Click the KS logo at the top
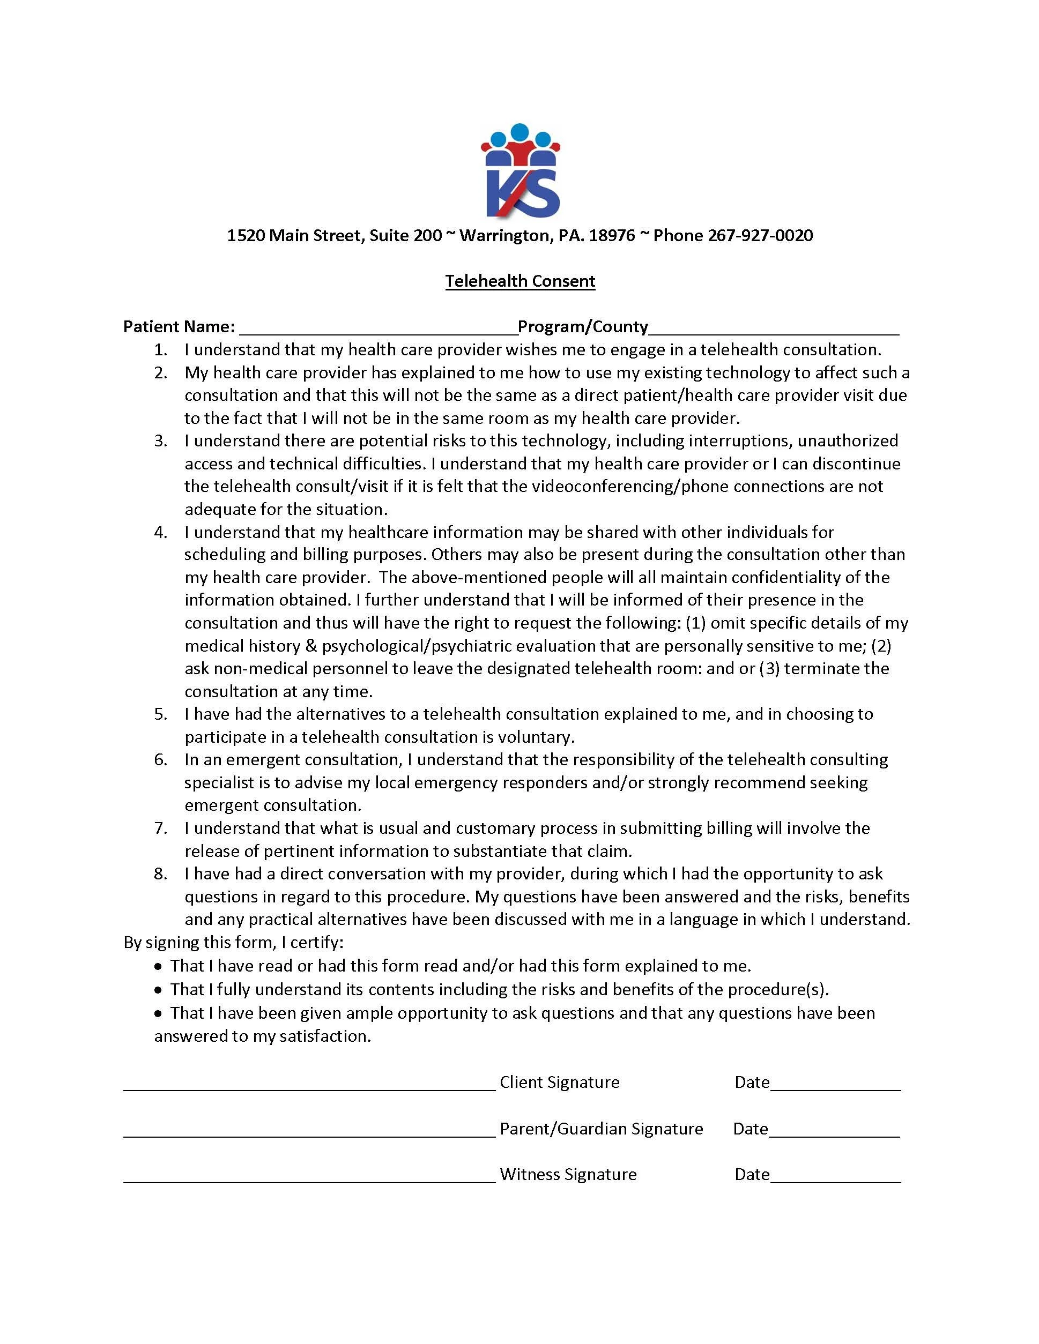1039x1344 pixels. tap(520, 170)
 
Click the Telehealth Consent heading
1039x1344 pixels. tap(520, 281)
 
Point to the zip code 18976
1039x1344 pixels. tap(612, 235)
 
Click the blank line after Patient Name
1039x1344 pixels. tap(379, 328)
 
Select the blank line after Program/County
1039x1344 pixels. tap(774, 328)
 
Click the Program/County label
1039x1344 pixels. tap(583, 326)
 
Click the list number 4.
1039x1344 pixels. tap(160, 532)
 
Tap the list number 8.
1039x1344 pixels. tap(160, 873)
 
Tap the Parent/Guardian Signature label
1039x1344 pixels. tap(601, 1128)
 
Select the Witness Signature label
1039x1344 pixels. tap(568, 1174)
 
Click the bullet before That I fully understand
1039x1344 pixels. tap(159, 990)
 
